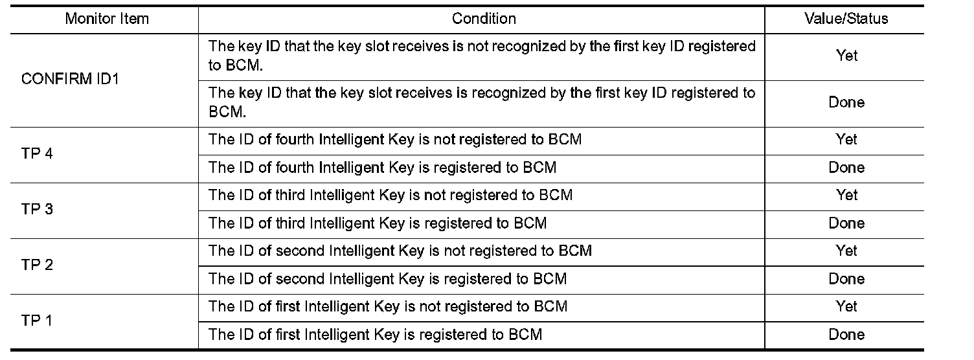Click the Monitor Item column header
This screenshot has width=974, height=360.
(x=107, y=19)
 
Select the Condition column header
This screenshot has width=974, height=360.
(x=484, y=19)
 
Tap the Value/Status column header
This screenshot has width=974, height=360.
(x=846, y=19)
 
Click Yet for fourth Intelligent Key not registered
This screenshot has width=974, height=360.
(x=846, y=139)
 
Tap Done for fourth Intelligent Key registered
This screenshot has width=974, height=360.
(x=846, y=168)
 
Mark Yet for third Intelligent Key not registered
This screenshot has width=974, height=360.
(x=846, y=195)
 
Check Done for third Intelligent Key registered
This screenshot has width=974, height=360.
(x=846, y=223)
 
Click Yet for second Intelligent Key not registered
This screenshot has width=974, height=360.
(x=846, y=251)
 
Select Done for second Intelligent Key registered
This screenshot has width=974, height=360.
(x=846, y=279)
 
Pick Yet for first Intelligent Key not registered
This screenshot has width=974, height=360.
(x=846, y=306)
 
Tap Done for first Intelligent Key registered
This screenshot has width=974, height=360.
(x=846, y=335)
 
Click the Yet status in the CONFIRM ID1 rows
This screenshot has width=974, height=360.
(x=846, y=56)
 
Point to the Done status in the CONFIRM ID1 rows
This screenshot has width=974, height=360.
(x=846, y=102)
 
